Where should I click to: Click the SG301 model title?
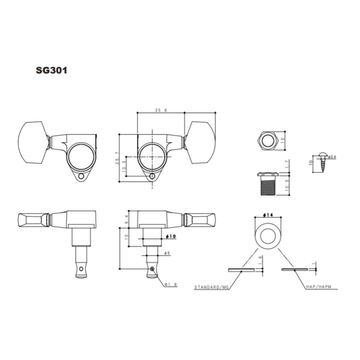51,70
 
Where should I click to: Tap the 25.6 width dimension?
161,110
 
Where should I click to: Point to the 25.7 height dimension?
117,158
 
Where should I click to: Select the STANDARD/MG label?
211,287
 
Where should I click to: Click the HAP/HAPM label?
319,287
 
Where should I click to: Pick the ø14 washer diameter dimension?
268,215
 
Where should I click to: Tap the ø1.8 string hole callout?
171,284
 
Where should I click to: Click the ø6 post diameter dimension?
167,253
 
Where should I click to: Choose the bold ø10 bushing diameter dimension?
171,236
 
